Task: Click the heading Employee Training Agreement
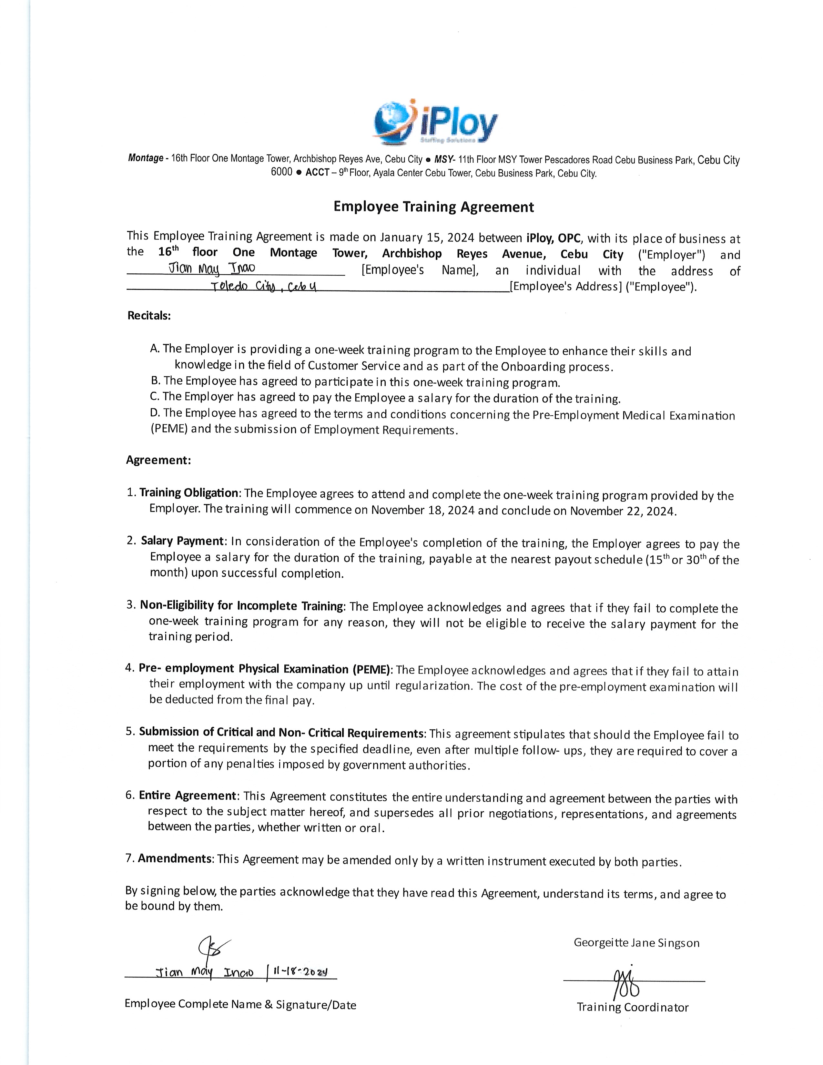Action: click(433, 207)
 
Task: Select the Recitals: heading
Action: click(149, 316)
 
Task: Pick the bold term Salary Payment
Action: click(182, 541)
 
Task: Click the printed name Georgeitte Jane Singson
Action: click(636, 943)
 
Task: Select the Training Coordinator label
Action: click(632, 1007)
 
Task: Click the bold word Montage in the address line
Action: click(145, 158)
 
